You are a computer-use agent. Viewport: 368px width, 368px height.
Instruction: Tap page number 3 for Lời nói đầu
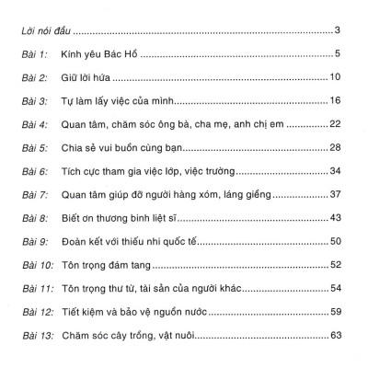point(339,30)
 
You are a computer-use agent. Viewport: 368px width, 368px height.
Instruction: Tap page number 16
point(336,100)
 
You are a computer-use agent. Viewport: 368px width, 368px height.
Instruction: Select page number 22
point(336,122)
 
